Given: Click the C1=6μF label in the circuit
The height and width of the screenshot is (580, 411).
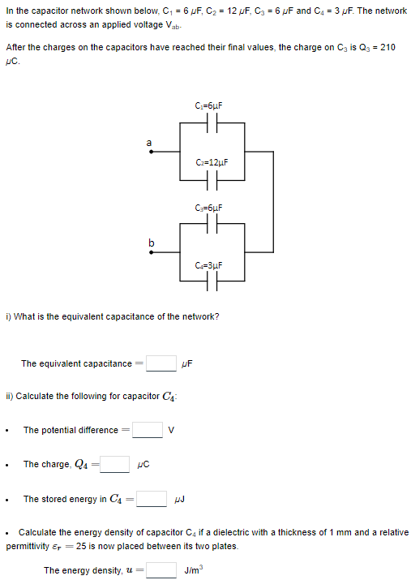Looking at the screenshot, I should tap(209, 106).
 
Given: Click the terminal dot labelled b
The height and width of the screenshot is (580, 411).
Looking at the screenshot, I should tap(149, 251).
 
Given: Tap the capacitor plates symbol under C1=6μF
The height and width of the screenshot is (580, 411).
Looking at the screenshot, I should tap(209, 123).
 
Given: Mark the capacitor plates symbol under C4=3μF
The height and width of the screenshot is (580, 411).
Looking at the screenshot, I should tap(209, 281).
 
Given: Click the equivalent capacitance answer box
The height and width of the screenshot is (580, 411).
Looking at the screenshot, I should tap(161, 363).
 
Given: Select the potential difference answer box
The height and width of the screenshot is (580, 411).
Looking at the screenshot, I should tap(147, 430).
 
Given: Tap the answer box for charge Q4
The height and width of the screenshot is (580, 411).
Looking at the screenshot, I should tap(114, 464).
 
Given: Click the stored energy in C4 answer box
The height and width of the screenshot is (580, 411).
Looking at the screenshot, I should tap(152, 499).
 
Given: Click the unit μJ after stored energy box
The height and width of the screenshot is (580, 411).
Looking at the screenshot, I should tap(179, 500).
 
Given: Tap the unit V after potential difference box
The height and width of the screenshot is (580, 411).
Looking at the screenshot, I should tap(171, 430).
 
